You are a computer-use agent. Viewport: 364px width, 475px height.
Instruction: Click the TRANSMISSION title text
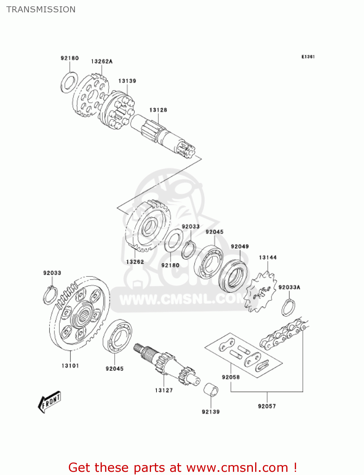point(41,9)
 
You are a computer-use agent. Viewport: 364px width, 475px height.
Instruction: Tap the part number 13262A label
point(102,61)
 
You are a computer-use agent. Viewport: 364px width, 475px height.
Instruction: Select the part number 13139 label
point(127,81)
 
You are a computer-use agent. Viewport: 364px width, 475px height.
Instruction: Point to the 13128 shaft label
point(158,110)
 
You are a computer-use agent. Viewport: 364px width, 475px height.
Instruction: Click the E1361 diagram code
point(308,57)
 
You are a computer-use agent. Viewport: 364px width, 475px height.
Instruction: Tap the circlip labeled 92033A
point(288,307)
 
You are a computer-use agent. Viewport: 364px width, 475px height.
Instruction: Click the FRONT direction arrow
point(49,402)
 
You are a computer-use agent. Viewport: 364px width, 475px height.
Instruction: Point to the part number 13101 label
point(70,366)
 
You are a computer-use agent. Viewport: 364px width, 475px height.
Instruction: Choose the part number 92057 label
point(267,406)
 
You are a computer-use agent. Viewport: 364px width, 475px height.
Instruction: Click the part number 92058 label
point(231,377)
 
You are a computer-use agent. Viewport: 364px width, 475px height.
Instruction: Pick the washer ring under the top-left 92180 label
point(69,82)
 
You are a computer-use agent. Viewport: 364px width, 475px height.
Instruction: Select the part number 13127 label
point(164,390)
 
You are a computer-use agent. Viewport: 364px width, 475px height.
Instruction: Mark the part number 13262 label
point(135,262)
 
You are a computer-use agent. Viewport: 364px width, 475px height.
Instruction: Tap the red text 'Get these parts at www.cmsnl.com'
point(182,467)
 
